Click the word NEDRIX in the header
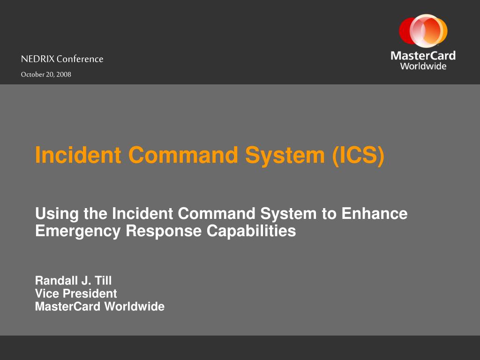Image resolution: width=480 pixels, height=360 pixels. [x=37, y=59]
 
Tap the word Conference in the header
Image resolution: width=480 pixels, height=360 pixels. [x=80, y=59]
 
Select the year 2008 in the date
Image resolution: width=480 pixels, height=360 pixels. [x=64, y=75]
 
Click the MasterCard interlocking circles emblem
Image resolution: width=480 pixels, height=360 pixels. [x=423, y=30]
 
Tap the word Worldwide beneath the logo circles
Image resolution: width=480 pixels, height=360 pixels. [x=423, y=66]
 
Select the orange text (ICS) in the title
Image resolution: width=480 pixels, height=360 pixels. [x=358, y=155]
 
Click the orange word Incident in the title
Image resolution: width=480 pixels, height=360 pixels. [x=78, y=155]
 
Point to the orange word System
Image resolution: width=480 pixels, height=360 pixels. [x=285, y=156]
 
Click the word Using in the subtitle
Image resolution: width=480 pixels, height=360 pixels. [x=57, y=214]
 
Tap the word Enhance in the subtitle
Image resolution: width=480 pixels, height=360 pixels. [x=375, y=213]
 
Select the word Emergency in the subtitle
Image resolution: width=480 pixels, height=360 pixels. [x=78, y=232]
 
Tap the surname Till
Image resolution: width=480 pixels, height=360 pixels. [x=103, y=281]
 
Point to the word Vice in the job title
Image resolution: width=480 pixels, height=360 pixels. [x=47, y=293]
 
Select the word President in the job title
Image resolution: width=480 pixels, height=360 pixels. [x=90, y=293]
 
